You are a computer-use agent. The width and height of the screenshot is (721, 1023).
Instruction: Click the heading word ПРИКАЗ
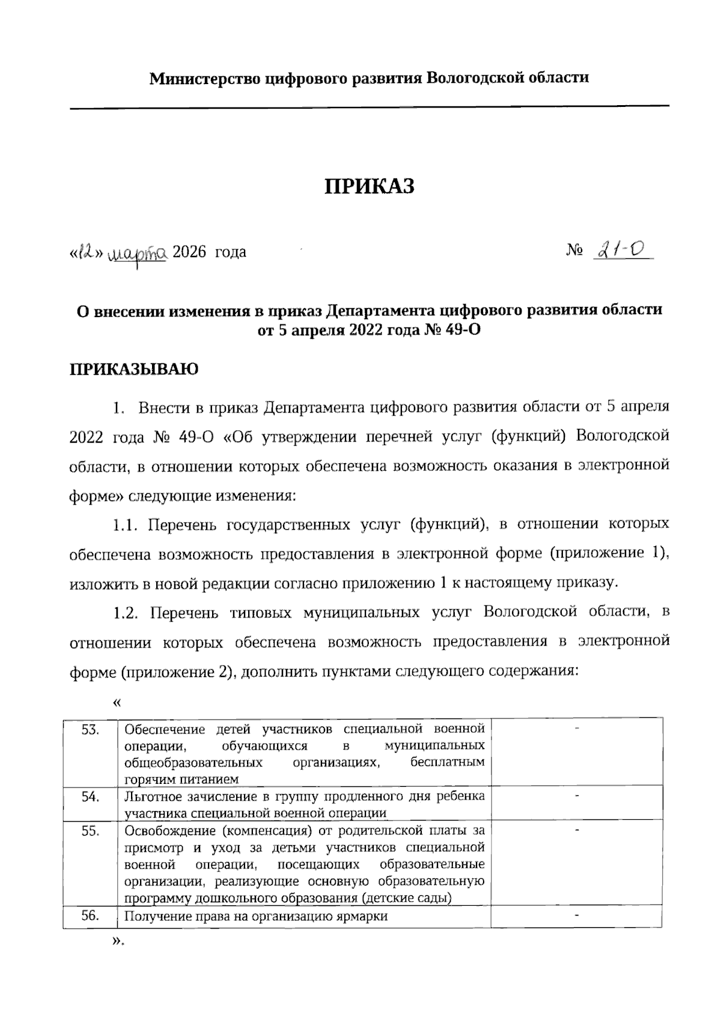[370, 187]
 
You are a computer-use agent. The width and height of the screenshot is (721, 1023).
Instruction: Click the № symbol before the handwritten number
[574, 252]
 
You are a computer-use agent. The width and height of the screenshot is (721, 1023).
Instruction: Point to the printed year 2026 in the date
[189, 252]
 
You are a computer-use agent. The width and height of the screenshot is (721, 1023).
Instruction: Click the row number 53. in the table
[90, 730]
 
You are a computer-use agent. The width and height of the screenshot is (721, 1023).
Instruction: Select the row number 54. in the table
[90, 797]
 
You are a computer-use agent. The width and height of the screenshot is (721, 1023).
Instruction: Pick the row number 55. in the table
[90, 832]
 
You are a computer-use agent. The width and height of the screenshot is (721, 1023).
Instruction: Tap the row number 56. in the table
[90, 916]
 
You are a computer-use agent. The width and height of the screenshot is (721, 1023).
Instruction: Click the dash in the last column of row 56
[577, 915]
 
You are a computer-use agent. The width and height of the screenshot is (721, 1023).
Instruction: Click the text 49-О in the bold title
[463, 331]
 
